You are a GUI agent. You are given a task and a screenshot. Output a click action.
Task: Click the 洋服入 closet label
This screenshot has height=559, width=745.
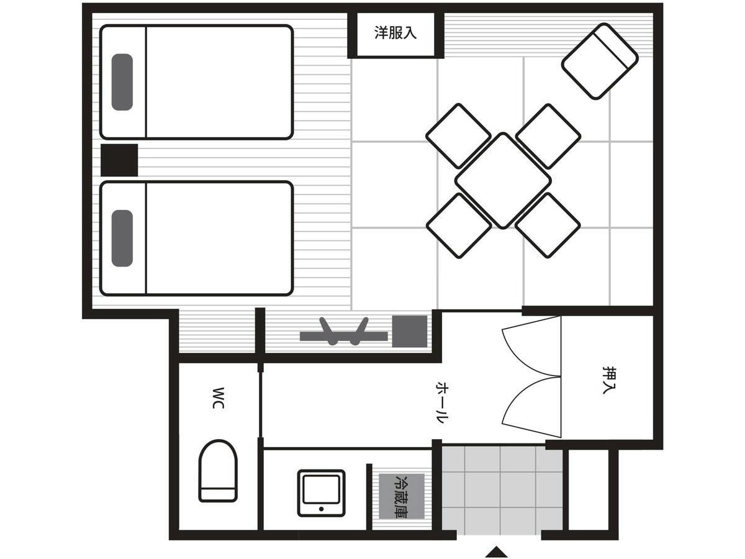(395, 33)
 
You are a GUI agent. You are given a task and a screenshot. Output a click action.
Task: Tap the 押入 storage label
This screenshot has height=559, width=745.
(609, 380)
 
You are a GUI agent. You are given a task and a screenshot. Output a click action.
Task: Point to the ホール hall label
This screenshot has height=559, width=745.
(442, 403)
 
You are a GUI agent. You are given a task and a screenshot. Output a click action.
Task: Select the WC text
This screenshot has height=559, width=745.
(219, 398)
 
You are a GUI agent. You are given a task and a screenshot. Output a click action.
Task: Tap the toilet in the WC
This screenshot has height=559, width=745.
(218, 471)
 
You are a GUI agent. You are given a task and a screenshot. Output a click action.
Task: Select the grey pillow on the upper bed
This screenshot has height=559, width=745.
(122, 82)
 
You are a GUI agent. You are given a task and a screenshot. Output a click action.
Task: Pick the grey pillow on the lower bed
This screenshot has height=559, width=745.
(122, 239)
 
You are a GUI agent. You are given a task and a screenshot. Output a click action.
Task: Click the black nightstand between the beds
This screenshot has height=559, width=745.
(119, 160)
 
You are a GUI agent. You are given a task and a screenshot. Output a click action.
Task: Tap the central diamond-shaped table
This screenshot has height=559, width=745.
(503, 180)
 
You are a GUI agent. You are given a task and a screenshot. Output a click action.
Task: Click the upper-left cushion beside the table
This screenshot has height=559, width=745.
(459, 136)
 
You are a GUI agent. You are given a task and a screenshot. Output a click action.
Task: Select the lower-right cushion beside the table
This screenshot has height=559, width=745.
(548, 225)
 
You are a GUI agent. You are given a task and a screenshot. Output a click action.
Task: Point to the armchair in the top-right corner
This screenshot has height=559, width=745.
(600, 61)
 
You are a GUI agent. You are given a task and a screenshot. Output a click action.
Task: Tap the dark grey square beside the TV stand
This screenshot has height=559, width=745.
(410, 331)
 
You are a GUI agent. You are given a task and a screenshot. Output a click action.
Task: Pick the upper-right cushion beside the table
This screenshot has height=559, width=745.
(548, 136)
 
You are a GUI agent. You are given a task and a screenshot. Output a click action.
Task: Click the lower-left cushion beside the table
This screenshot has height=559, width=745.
(459, 225)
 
